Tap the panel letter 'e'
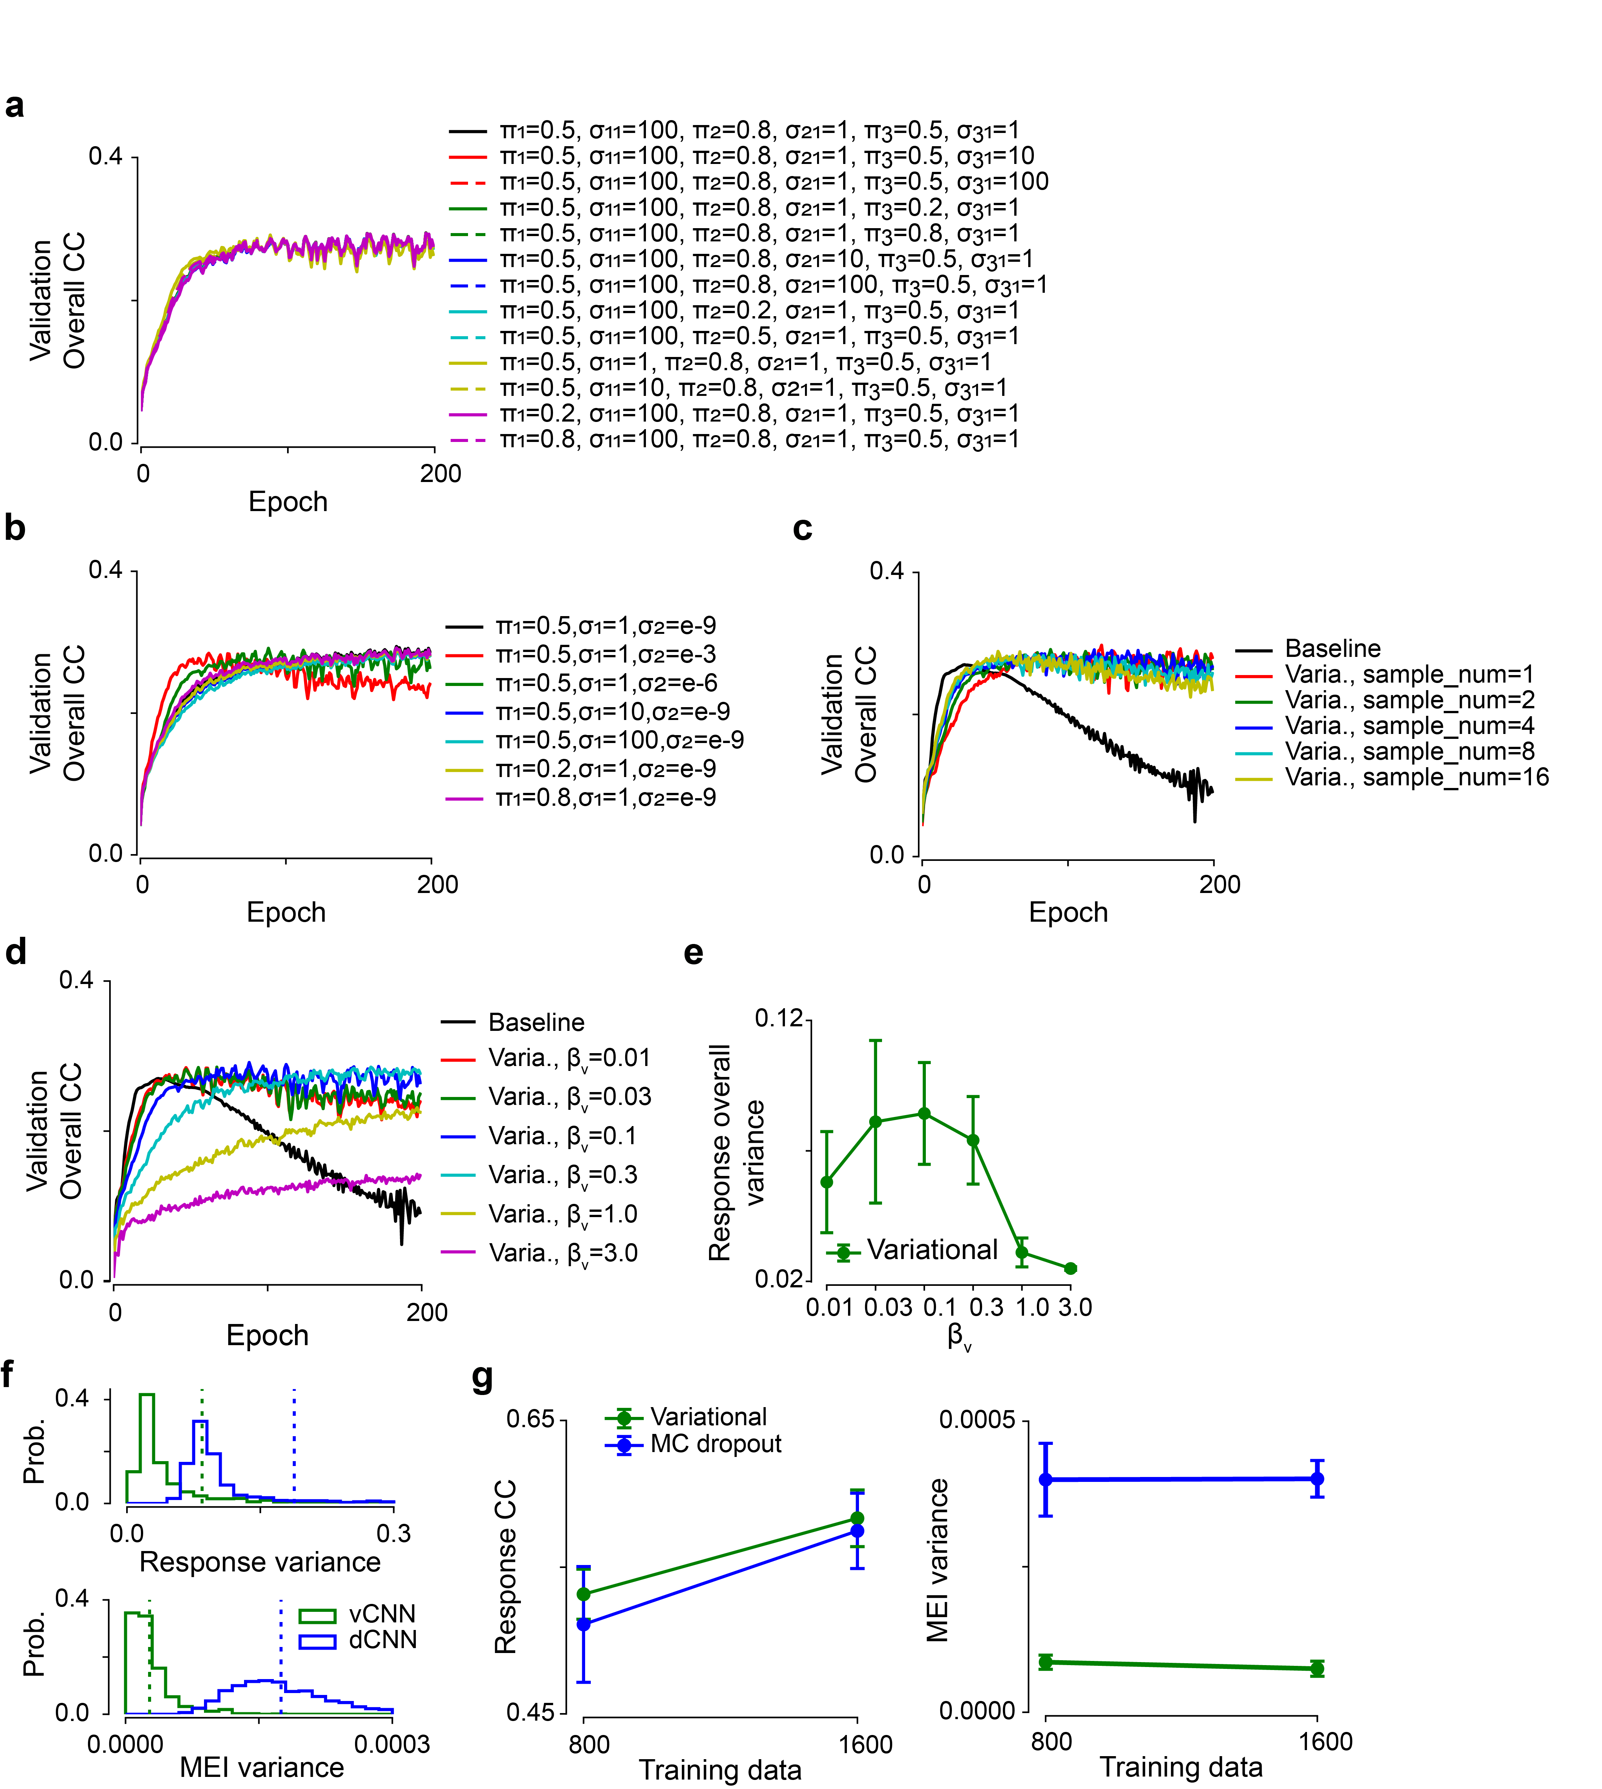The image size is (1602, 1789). (694, 953)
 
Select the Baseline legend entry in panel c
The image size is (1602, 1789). (1332, 649)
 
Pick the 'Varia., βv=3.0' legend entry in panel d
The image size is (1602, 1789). (562, 1253)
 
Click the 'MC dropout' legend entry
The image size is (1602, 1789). (715, 1444)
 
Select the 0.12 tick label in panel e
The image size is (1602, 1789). (779, 1019)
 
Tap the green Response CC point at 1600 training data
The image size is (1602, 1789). (857, 1519)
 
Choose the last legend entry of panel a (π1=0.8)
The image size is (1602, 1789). (759, 439)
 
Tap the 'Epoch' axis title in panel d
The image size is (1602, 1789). (267, 1336)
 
